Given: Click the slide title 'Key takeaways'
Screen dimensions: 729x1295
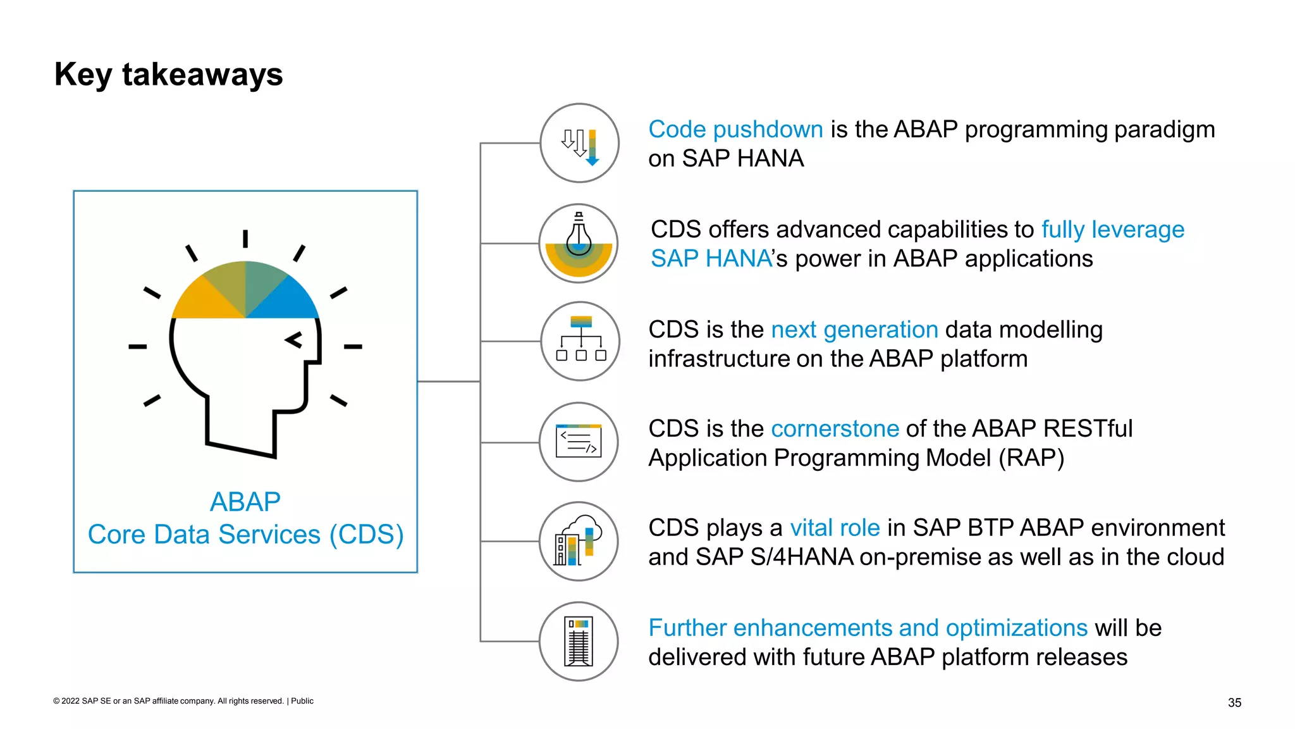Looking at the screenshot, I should pyautogui.click(x=168, y=75).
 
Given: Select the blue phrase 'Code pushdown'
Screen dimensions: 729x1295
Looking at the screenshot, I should pyautogui.click(x=735, y=130).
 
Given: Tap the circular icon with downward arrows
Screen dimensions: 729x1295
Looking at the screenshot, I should pyautogui.click(x=579, y=144).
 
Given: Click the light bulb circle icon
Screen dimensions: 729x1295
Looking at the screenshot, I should pyautogui.click(x=579, y=244).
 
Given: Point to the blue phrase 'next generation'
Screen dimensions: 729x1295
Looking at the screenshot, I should pyautogui.click(x=854, y=330).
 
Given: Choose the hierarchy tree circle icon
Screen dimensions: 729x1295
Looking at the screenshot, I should pyautogui.click(x=579, y=342).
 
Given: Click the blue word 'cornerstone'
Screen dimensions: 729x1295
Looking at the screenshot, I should pyautogui.click(x=835, y=429).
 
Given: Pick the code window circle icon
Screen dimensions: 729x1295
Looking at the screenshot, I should pyautogui.click(x=579, y=442).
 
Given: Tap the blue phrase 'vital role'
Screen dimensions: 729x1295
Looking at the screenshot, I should pyautogui.click(x=835, y=528).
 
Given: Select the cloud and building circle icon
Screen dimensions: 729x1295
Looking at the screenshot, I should pyautogui.click(x=579, y=542).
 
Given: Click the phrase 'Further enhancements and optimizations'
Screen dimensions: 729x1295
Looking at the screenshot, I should pyautogui.click(x=868, y=628).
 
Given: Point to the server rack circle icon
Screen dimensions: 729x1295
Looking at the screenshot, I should pyautogui.click(x=579, y=641).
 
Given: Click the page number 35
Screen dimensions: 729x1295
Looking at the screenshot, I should pyautogui.click(x=1234, y=702).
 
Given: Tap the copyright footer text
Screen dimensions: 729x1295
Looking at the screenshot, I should pyautogui.click(x=183, y=701).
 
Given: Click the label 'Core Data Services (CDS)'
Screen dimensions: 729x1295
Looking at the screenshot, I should pyautogui.click(x=245, y=535).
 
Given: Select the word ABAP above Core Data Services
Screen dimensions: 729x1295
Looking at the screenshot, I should pyautogui.click(x=245, y=502).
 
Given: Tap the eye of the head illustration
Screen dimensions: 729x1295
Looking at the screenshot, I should pyautogui.click(x=294, y=340).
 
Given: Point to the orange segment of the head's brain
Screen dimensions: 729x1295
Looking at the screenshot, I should pyautogui.click(x=202, y=301).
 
